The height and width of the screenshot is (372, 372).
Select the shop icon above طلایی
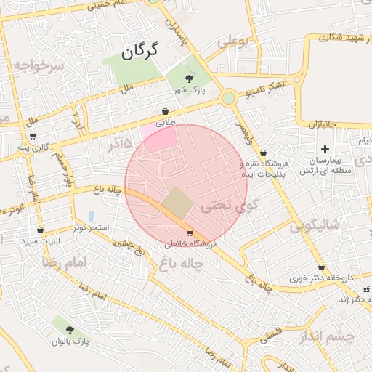tap(166, 112)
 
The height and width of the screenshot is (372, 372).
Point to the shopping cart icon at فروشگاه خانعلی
tap(190, 233)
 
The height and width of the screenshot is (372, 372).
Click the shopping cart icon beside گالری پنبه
tap(32, 137)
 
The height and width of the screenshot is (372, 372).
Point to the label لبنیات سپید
tap(41, 240)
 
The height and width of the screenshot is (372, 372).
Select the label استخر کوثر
tap(92, 227)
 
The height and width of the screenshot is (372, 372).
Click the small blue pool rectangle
tap(90, 217)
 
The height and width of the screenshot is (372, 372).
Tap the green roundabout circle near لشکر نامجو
tap(229, 97)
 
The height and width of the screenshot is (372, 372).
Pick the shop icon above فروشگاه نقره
tap(262, 153)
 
